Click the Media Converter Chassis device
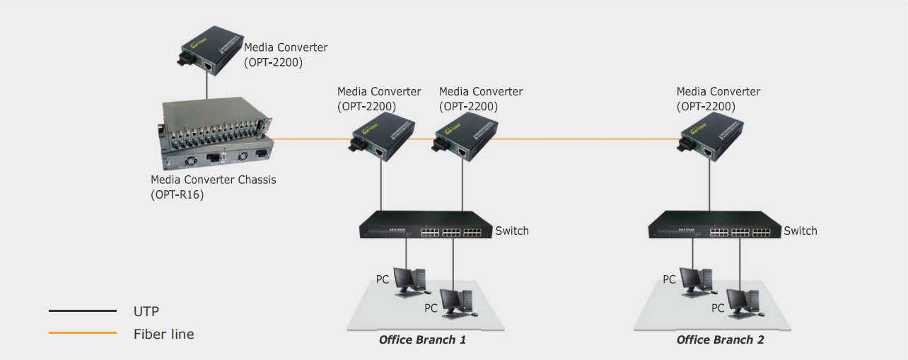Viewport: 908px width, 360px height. click(216, 135)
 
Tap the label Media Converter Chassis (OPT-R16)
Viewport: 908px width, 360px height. click(213, 187)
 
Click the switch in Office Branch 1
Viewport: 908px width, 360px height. click(425, 224)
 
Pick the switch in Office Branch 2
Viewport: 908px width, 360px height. click(714, 224)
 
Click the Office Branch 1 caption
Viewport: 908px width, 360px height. click(422, 340)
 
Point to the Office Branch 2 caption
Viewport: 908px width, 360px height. click(720, 340)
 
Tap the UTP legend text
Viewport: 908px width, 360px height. click(146, 310)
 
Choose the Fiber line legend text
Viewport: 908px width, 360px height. click(163, 334)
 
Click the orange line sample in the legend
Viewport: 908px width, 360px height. click(82, 333)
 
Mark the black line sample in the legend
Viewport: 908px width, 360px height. click(82, 310)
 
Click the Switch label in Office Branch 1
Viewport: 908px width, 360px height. click(512, 231)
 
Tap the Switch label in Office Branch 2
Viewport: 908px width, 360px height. click(801, 231)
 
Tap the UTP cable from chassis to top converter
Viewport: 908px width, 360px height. click(206, 85)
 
